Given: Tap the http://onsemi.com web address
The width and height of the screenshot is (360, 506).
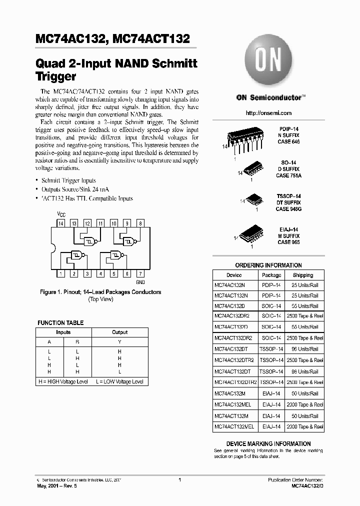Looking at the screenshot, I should tap(268, 114).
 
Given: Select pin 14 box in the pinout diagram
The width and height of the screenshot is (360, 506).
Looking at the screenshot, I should tap(60, 223).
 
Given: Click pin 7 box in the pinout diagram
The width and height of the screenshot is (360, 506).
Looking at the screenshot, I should tap(140, 273).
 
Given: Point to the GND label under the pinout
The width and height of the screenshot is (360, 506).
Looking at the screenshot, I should tap(140, 282).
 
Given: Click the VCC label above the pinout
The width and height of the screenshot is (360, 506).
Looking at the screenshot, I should tap(60, 214).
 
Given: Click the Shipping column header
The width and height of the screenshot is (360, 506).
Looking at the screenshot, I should tap(303, 275).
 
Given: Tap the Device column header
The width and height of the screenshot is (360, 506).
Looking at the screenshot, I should tap(234, 275).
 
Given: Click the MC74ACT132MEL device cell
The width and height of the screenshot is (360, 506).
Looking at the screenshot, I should tap(234, 426).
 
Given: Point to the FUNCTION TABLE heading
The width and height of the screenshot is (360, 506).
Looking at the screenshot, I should tap(60, 323).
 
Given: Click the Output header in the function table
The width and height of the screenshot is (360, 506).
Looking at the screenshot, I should tap(119, 332).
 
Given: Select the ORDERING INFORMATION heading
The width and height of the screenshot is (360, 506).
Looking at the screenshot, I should tap(268, 265).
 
